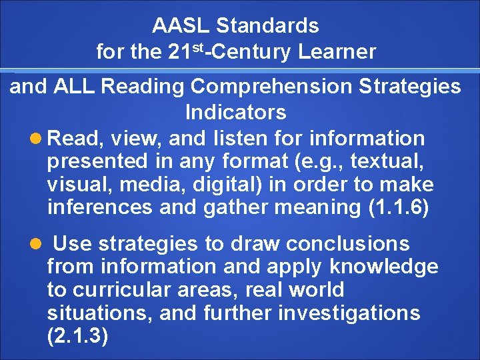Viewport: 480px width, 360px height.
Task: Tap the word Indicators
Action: point(235,111)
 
